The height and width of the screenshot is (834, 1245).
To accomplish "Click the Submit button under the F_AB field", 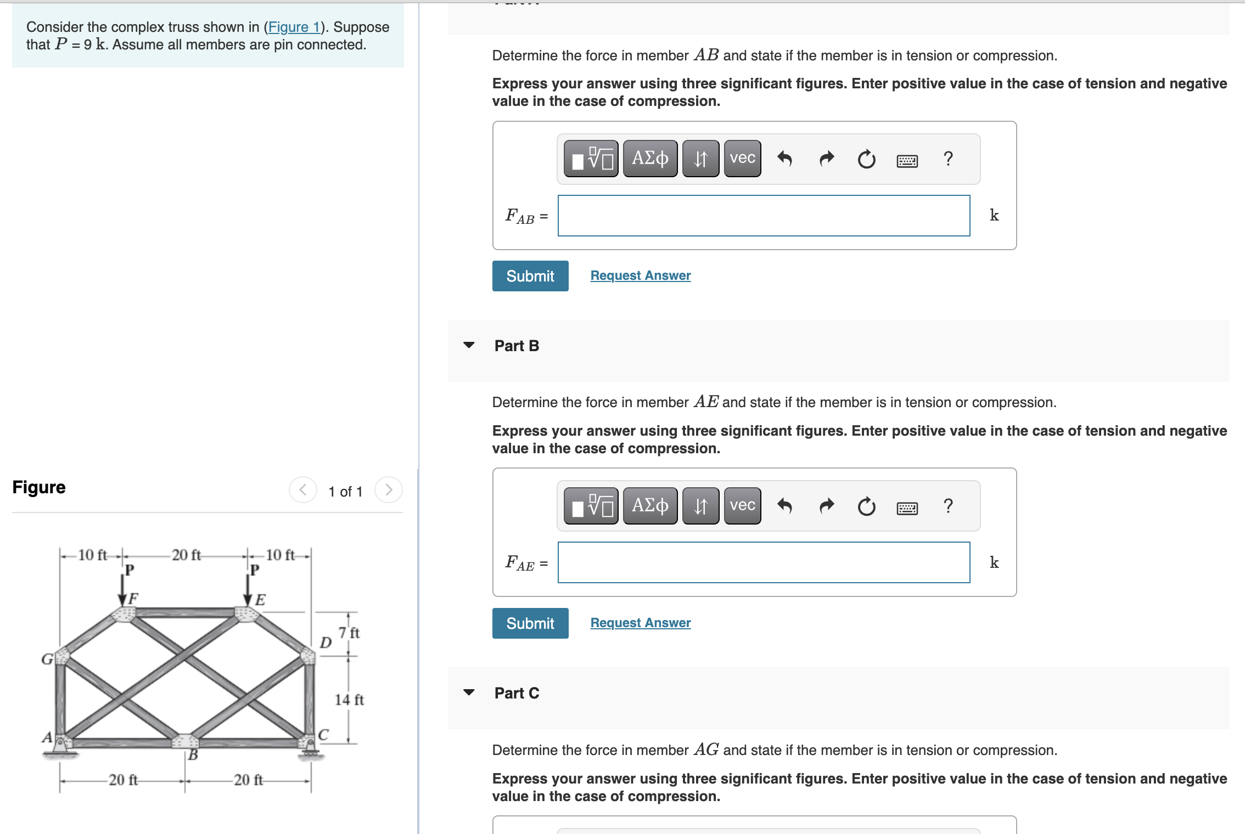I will [530, 276].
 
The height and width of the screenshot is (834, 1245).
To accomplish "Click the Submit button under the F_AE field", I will [530, 623].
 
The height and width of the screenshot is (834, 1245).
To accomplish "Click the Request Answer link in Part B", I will [640, 623].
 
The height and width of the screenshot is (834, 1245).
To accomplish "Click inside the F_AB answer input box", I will [763, 216].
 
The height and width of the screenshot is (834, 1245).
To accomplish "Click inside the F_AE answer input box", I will [763, 562].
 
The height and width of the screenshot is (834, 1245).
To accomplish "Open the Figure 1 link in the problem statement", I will [294, 27].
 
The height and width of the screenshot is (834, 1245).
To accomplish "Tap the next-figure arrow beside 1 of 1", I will [388, 489].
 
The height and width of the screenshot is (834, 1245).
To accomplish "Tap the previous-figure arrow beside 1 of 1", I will [303, 489].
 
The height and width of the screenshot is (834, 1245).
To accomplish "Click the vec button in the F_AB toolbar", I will [742, 159].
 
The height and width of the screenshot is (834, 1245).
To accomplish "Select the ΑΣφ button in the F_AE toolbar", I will [650, 505].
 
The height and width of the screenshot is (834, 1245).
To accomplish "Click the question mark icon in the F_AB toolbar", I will [947, 159].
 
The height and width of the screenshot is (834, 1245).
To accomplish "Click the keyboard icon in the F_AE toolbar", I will [907, 508].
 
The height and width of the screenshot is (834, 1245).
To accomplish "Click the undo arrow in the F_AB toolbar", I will [784, 159].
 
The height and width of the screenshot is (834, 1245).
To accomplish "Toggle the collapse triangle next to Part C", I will [469, 692].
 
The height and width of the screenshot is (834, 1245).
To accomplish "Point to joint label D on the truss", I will [326, 642].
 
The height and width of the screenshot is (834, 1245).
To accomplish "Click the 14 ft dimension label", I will [349, 700].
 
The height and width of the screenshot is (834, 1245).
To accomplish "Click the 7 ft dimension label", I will [349, 633].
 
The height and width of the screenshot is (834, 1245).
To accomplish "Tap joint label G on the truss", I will [47, 659].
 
